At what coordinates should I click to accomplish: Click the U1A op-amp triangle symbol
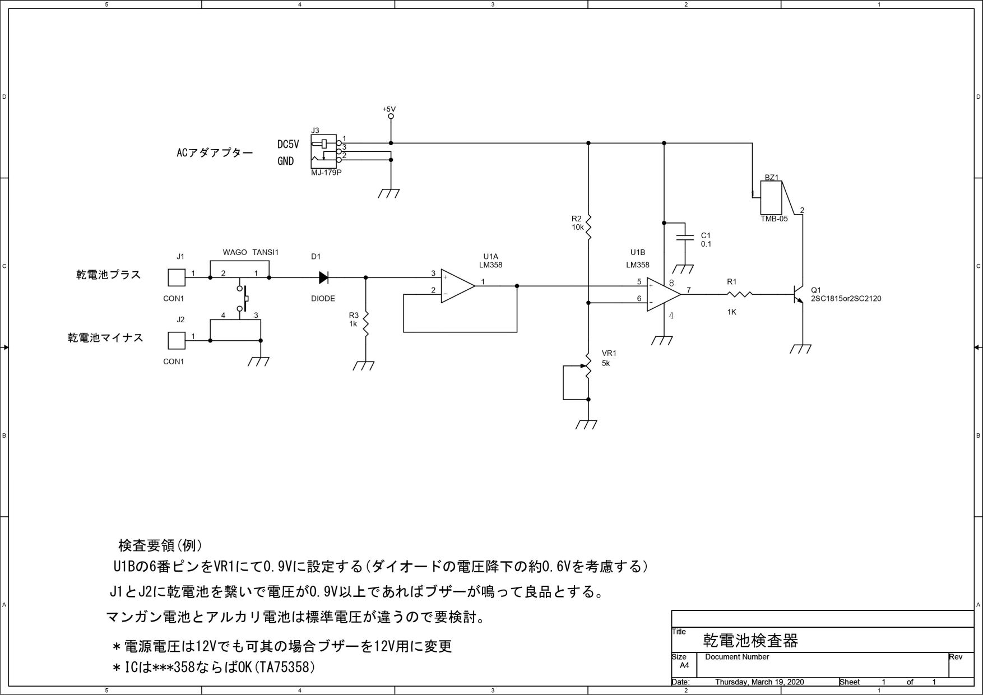point(457,286)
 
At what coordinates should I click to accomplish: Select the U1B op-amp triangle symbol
point(663,294)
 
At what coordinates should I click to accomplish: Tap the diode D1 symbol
point(323,277)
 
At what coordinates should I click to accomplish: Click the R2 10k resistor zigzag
point(588,226)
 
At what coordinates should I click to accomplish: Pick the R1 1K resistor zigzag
point(740,294)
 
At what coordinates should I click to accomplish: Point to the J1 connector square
point(177,277)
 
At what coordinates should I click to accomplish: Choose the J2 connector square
point(177,340)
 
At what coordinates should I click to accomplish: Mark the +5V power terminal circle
point(391,117)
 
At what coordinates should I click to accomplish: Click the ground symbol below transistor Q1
point(801,349)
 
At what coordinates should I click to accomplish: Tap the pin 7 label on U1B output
point(689,290)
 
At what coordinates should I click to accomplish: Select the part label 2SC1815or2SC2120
point(846,299)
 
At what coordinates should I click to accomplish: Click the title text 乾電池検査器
point(750,640)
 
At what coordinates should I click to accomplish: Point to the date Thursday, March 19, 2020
point(759,682)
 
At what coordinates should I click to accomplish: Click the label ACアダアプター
point(215,152)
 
